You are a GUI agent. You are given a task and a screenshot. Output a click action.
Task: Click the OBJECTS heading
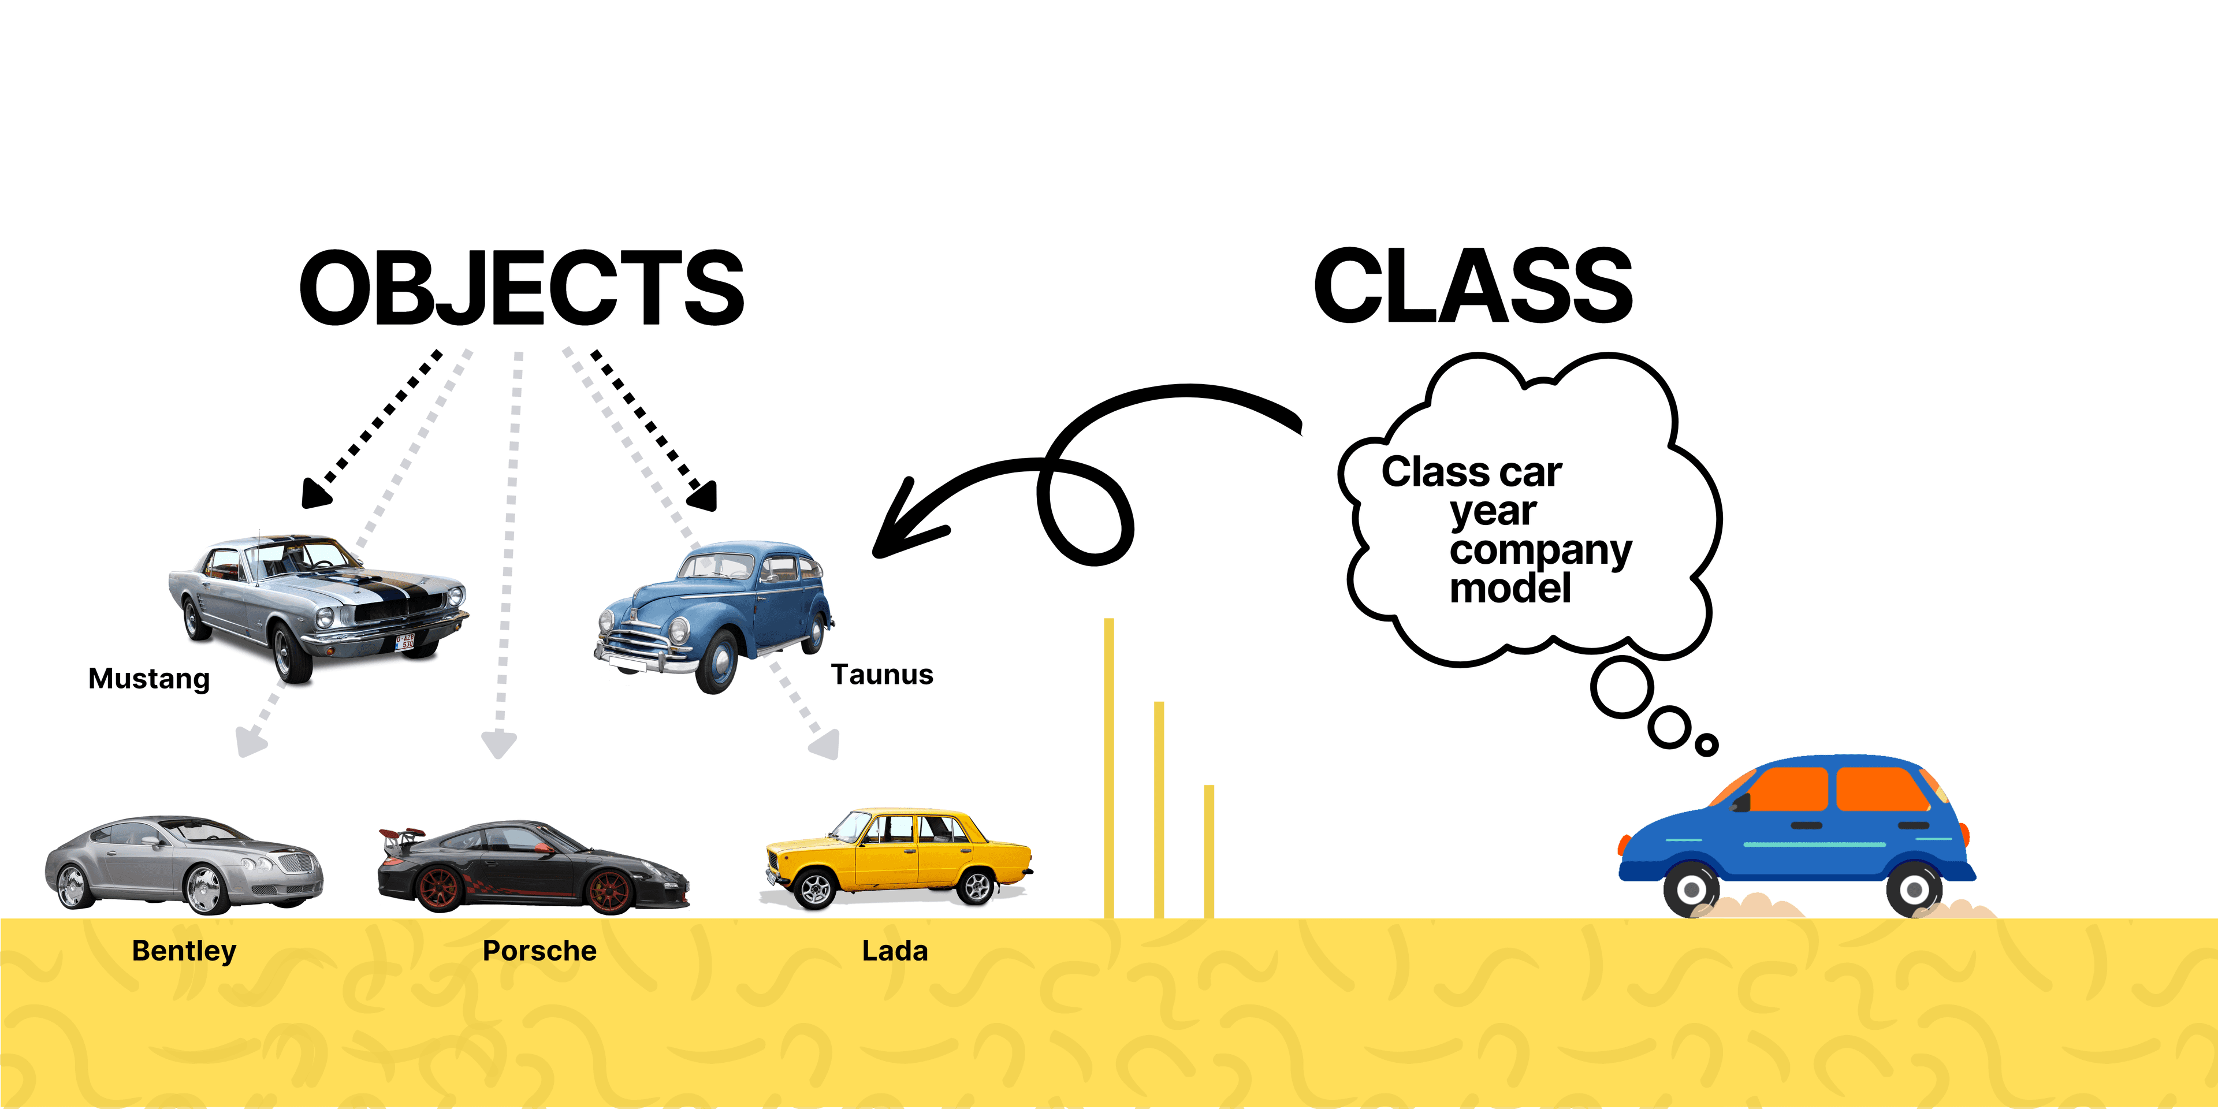click(x=521, y=288)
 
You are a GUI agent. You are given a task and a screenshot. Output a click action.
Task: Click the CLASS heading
click(x=1472, y=286)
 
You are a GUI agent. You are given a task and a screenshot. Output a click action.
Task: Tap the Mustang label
click(x=149, y=679)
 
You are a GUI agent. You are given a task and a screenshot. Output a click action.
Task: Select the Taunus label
click(x=881, y=674)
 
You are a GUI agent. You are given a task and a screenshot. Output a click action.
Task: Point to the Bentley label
click(x=184, y=951)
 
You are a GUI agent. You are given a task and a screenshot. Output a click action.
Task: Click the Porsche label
click(x=539, y=951)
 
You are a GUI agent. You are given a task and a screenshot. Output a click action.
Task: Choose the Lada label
click(x=895, y=951)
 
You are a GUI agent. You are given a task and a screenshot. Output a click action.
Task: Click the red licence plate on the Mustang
click(x=404, y=642)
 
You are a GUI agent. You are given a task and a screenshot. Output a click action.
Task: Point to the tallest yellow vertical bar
click(x=1109, y=766)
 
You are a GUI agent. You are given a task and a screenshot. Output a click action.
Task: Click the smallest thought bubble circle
click(x=1706, y=745)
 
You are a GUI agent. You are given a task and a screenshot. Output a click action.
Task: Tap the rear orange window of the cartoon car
click(x=1881, y=788)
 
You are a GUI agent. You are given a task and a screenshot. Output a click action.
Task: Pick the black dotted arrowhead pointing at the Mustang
click(x=314, y=493)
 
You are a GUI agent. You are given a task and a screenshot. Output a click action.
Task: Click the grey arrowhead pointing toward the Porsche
click(x=498, y=745)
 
